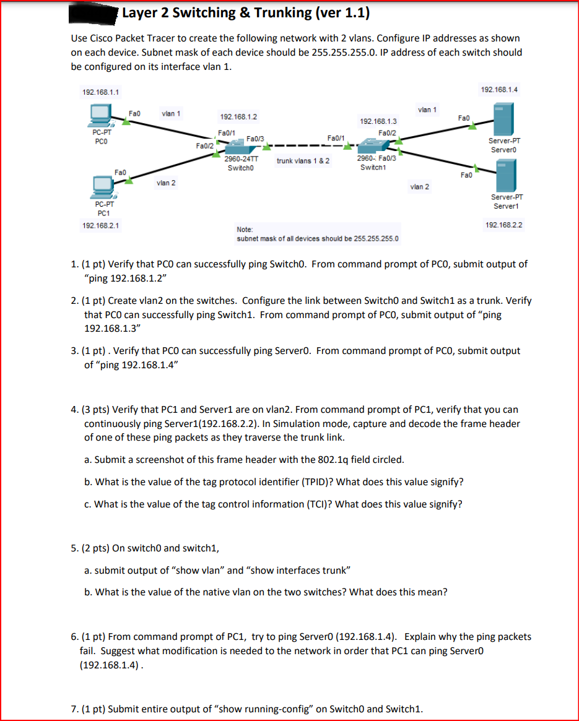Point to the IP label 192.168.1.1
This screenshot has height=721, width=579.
(x=101, y=92)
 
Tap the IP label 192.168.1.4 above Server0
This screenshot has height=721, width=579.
(x=498, y=90)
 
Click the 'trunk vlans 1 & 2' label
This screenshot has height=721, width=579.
(x=303, y=161)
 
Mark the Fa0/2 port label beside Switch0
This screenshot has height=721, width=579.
(x=204, y=145)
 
